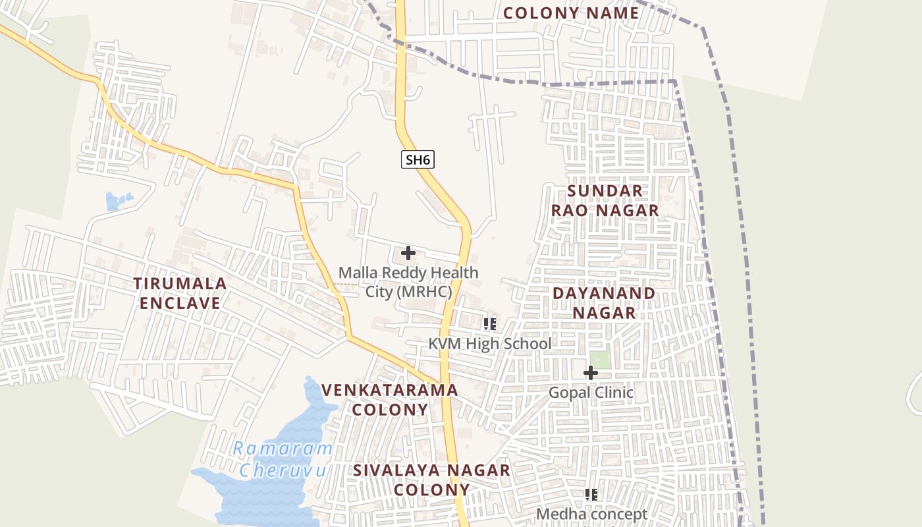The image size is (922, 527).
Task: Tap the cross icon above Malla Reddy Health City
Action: [x=408, y=252]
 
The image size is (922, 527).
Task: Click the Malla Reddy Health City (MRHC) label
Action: [x=408, y=282]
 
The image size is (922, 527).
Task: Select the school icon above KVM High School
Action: [x=489, y=323]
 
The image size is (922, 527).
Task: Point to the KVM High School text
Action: [x=490, y=344]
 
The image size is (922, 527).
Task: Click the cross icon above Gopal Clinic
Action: [x=591, y=373]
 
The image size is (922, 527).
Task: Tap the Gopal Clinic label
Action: [x=591, y=393]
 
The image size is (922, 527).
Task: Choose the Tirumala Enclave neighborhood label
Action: [x=180, y=293]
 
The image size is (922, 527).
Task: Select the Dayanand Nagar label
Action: [x=604, y=302]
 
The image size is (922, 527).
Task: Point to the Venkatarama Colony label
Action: [x=390, y=399]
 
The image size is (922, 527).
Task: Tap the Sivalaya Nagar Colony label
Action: [x=431, y=480]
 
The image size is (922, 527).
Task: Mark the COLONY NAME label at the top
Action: [x=571, y=13]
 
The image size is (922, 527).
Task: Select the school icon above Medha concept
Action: [x=591, y=494]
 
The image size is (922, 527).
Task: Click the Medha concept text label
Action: [x=591, y=514]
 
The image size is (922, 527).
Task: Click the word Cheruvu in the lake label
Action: [x=283, y=470]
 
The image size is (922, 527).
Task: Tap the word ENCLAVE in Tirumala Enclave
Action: [x=180, y=303]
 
